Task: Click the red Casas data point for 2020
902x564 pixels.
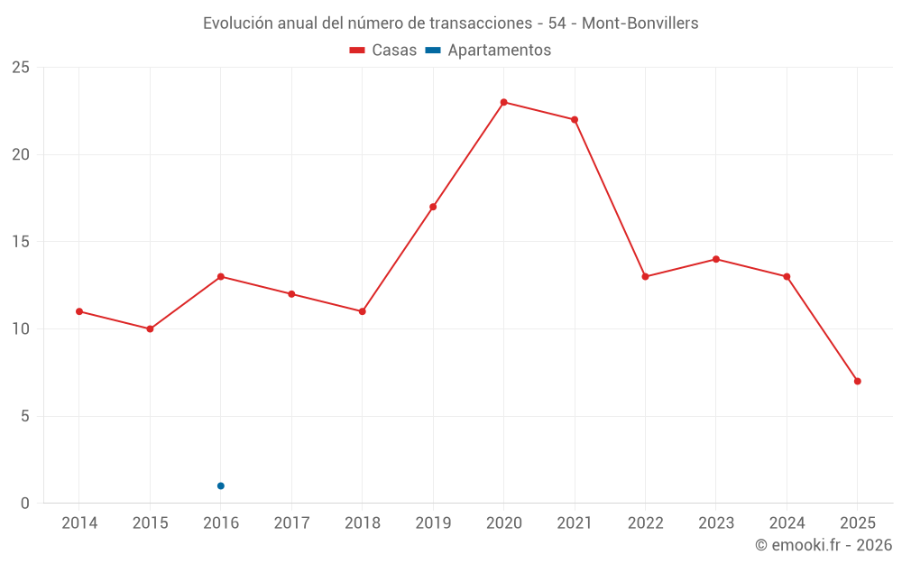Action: click(x=503, y=102)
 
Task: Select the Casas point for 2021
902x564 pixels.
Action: click(x=575, y=119)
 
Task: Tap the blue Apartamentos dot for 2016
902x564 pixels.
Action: click(x=221, y=485)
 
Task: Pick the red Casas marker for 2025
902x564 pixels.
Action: click(x=857, y=381)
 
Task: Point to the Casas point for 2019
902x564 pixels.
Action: click(x=433, y=207)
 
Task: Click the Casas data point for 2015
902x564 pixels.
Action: click(x=150, y=328)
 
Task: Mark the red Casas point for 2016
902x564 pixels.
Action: click(x=221, y=276)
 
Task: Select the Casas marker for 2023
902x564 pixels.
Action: click(x=716, y=259)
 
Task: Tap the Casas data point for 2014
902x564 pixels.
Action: click(x=79, y=311)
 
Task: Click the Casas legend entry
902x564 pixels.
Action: click(x=383, y=51)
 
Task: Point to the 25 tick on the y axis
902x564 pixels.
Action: click(x=21, y=68)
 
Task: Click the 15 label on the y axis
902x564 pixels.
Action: click(x=21, y=242)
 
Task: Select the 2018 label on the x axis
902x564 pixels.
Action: click(x=363, y=523)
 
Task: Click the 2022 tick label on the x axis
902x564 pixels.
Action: click(x=645, y=523)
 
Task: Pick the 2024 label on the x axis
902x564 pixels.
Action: click(x=787, y=523)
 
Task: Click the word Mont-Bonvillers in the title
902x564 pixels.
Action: click(x=640, y=23)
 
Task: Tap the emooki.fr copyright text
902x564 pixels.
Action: click(x=824, y=545)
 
